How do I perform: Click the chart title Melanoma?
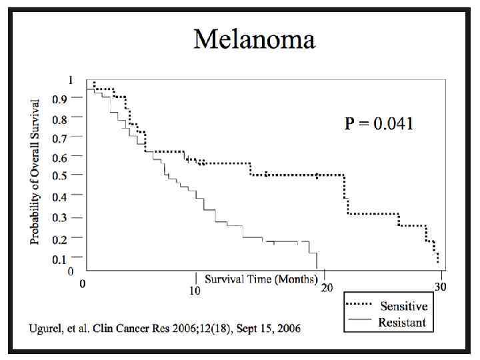[254, 39]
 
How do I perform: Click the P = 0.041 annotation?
[379, 123]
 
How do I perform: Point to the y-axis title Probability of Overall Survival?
[35, 171]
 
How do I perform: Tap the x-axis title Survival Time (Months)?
[261, 279]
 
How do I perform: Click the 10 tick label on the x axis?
[195, 291]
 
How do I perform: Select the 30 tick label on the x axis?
[441, 287]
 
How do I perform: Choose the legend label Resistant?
[403, 323]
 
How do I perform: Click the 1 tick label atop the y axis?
[71, 80]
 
